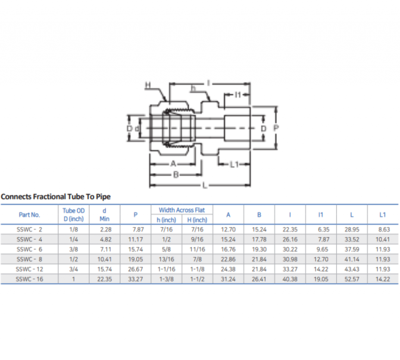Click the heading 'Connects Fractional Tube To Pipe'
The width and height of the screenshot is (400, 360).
[55, 196]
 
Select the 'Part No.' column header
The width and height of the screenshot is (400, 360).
[29, 214]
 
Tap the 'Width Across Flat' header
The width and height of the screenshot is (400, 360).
[182, 210]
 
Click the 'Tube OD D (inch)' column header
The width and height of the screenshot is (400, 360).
[73, 214]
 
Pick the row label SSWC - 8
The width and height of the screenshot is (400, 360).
[29, 259]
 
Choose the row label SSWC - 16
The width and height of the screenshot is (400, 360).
[29, 279]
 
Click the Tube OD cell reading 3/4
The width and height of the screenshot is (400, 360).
[73, 269]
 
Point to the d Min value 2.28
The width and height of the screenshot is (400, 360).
[104, 230]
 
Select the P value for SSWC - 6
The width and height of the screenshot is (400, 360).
[136, 250]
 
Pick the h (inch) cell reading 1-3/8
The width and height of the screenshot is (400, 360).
[166, 279]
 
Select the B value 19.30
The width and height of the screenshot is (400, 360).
[259, 250]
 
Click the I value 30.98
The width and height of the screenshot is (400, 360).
[290, 259]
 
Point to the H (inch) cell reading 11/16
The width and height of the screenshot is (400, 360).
[197, 250]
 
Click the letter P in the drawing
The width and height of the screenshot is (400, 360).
[276, 128]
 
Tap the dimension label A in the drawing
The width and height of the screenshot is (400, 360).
[173, 164]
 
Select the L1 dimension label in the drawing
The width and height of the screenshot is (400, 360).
[234, 165]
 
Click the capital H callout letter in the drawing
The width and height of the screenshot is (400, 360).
[147, 84]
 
